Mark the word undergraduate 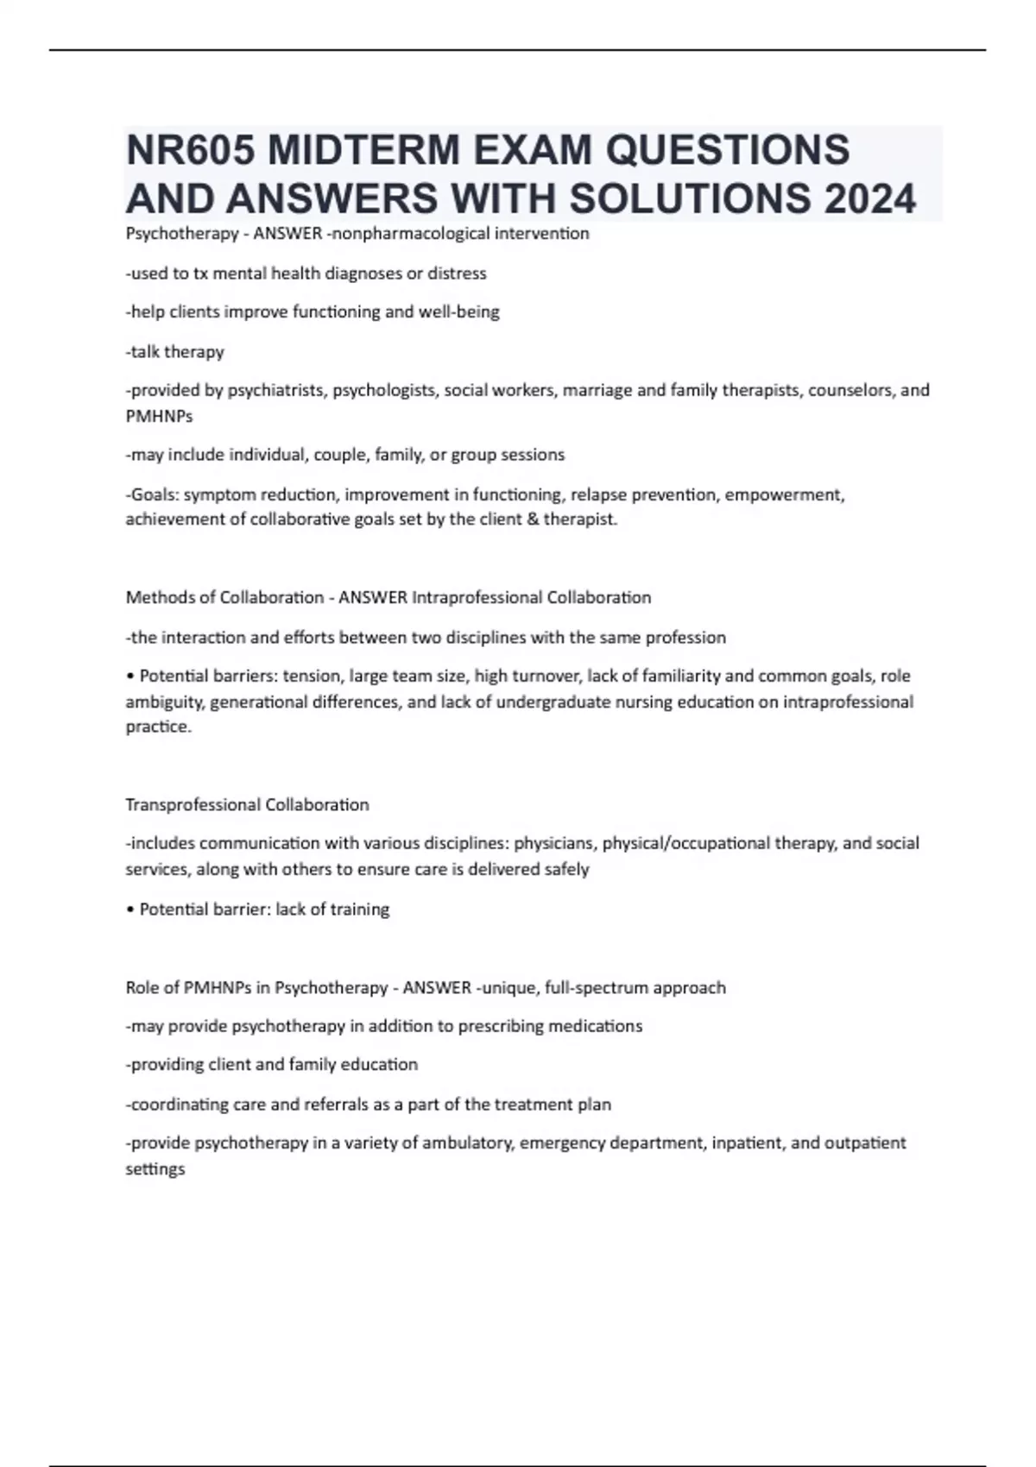[563, 702]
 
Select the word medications [600, 1026]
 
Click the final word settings [155, 1170]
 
